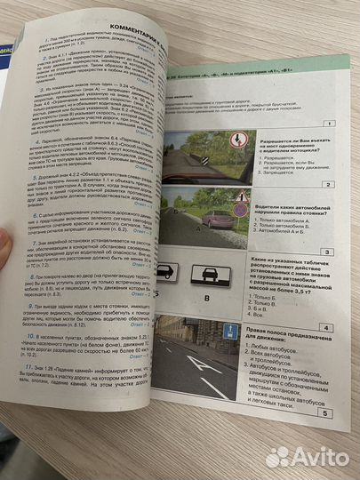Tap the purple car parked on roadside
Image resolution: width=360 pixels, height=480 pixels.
click(219, 217)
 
